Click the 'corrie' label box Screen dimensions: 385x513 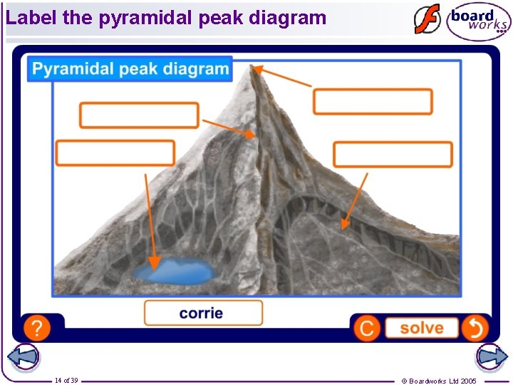coord(203,313)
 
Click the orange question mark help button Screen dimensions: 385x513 coord(37,328)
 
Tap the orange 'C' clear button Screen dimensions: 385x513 coord(367,328)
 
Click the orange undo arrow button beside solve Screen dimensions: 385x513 coord(475,328)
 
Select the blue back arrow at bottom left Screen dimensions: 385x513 coord(23,357)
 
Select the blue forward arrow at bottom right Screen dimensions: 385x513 coord(491,357)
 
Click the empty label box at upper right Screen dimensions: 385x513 coord(373,101)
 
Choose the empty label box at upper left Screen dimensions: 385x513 coord(139,115)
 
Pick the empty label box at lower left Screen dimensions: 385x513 coord(115,153)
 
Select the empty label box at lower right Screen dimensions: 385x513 coord(393,155)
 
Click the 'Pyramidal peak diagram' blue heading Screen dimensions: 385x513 coord(130,69)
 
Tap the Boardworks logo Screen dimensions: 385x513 coord(479,21)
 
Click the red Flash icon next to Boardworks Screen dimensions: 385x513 coord(427,20)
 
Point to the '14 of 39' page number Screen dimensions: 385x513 coord(66,381)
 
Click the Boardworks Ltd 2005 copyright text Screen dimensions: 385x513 coord(439,381)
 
